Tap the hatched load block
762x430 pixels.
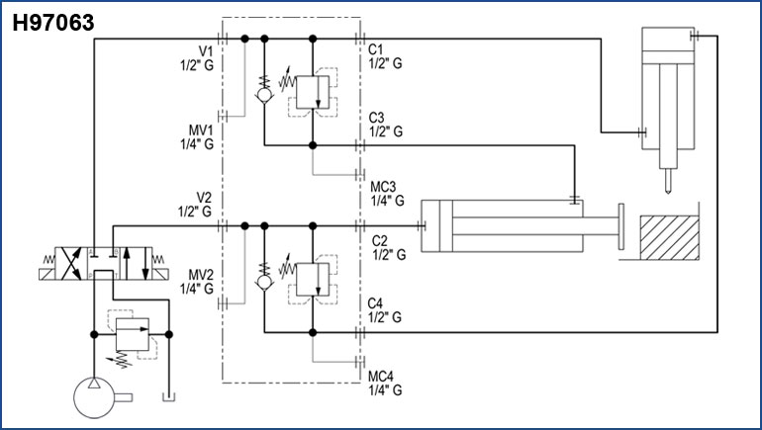coord(670,239)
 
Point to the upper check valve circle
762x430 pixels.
coord(264,98)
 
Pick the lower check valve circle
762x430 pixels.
coord(264,283)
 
